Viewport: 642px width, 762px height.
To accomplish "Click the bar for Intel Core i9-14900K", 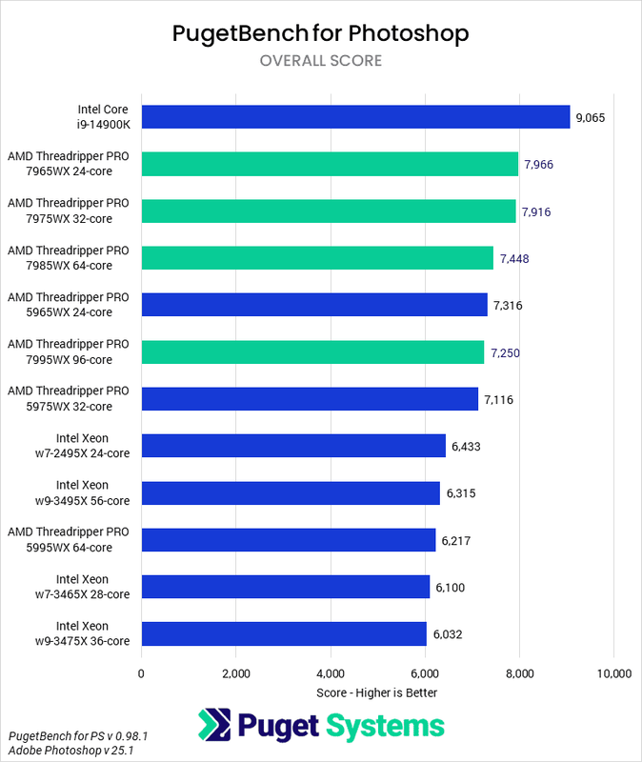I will coord(355,117).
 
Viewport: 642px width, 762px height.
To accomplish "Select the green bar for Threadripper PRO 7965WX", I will coord(330,164).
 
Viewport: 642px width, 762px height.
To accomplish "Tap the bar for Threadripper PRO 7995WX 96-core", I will coord(312,351).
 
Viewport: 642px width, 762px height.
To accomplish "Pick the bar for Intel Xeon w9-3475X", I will coord(284,633).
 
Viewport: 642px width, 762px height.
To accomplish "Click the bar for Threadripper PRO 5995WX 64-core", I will coord(289,540).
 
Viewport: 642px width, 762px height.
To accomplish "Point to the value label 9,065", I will coord(590,118).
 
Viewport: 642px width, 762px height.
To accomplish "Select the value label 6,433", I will coord(468,446).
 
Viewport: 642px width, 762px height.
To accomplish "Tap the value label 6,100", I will coord(451,588).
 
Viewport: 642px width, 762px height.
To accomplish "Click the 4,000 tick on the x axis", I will coord(331,674).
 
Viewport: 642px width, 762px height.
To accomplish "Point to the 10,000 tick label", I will coord(612,674).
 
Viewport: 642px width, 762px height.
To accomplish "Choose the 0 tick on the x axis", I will coord(141,674).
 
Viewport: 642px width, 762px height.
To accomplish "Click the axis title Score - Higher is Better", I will coord(376,692).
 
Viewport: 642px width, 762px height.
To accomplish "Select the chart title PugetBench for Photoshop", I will coord(320,34).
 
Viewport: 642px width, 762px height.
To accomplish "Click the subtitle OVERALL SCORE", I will coord(320,61).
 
